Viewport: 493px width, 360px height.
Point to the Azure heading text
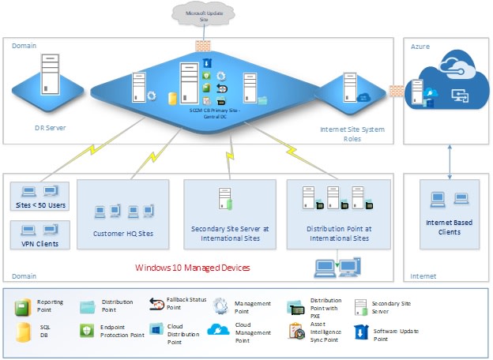point(420,47)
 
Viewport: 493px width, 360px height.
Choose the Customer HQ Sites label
point(122,234)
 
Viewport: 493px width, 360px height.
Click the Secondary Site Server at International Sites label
point(230,233)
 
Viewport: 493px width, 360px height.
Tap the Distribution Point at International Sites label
point(339,233)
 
